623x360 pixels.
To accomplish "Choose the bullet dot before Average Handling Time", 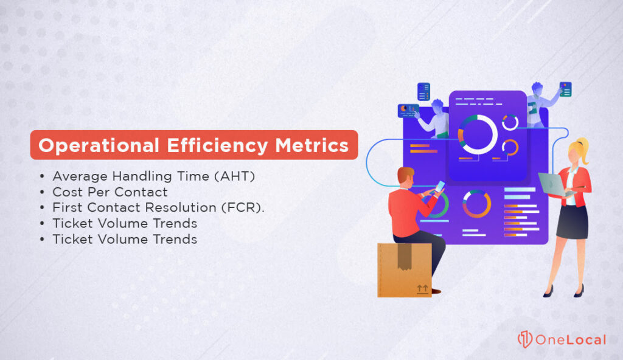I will (42, 177).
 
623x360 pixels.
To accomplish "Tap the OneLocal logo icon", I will (524, 339).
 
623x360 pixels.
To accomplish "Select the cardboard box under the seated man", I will (405, 270).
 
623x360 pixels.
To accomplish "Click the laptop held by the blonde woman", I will (551, 185).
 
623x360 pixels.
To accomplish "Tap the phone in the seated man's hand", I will (440, 186).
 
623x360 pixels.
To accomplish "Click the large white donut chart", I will (478, 134).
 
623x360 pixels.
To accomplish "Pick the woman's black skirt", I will (572, 222).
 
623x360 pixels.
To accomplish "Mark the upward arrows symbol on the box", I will (422, 288).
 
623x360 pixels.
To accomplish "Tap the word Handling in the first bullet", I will (131, 176).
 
